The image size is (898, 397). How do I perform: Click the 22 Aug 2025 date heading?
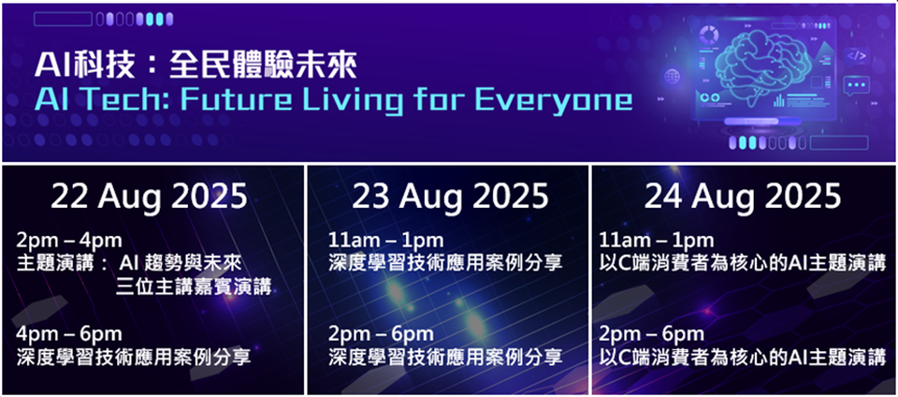149,197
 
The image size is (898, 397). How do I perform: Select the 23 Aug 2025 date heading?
450,197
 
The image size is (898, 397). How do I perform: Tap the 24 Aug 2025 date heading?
743,197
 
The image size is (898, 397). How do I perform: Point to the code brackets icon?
857,55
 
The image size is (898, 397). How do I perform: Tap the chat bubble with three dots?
856,86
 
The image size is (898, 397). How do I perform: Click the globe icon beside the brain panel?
673,76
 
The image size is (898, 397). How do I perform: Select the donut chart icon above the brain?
709,36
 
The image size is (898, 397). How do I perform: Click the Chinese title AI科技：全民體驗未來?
196,65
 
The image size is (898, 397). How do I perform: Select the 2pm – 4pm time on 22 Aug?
68,241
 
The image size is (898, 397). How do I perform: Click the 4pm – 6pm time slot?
68,333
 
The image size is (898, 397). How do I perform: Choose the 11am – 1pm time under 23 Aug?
386,241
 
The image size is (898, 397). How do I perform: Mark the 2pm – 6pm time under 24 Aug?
652,333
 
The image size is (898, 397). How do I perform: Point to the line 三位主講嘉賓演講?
193,286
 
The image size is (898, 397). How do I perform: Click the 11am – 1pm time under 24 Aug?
657,241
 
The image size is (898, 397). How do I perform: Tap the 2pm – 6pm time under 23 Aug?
382,333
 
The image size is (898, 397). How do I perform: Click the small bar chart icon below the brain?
779,101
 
